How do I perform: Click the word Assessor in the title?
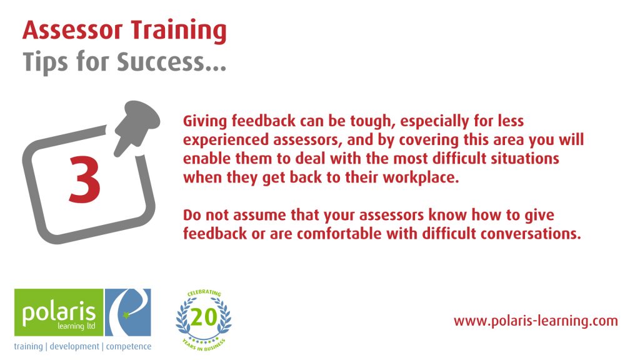72,31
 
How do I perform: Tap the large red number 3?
85,179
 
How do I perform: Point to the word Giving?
205,122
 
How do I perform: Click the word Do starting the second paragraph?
192,215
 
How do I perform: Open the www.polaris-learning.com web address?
536,321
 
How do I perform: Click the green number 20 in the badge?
204,317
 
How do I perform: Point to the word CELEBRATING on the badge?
204,293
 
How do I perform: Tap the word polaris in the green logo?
59,314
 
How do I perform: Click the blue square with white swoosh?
127,312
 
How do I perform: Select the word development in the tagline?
74,346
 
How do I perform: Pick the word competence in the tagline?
129,347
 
